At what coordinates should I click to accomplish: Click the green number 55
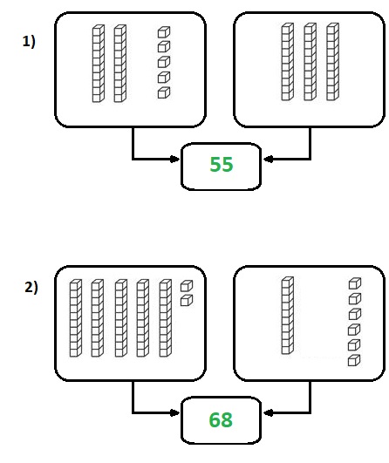222,164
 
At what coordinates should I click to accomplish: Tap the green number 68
221,419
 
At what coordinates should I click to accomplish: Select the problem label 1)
29,41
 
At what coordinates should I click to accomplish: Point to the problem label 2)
31,288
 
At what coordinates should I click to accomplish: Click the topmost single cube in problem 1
164,32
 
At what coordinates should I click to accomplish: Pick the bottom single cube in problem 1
164,92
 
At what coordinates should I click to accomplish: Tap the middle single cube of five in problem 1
164,62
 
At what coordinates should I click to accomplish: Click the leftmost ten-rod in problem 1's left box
99,64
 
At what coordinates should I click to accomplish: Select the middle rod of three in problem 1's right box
311,62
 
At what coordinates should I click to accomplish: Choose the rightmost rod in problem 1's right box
332,62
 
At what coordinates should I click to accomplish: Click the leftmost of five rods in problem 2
76,318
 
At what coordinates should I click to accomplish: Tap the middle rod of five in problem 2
121,318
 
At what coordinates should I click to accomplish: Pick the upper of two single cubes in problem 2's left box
187,286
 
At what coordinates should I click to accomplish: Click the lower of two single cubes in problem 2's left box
187,300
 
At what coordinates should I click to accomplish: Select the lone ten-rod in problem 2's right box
288,316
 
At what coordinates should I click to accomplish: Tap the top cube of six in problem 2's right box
355,283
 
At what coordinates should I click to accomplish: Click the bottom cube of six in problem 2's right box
354,360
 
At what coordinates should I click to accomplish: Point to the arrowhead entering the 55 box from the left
175,160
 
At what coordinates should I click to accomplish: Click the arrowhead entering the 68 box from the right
268,412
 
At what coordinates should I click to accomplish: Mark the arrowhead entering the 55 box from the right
268,160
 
